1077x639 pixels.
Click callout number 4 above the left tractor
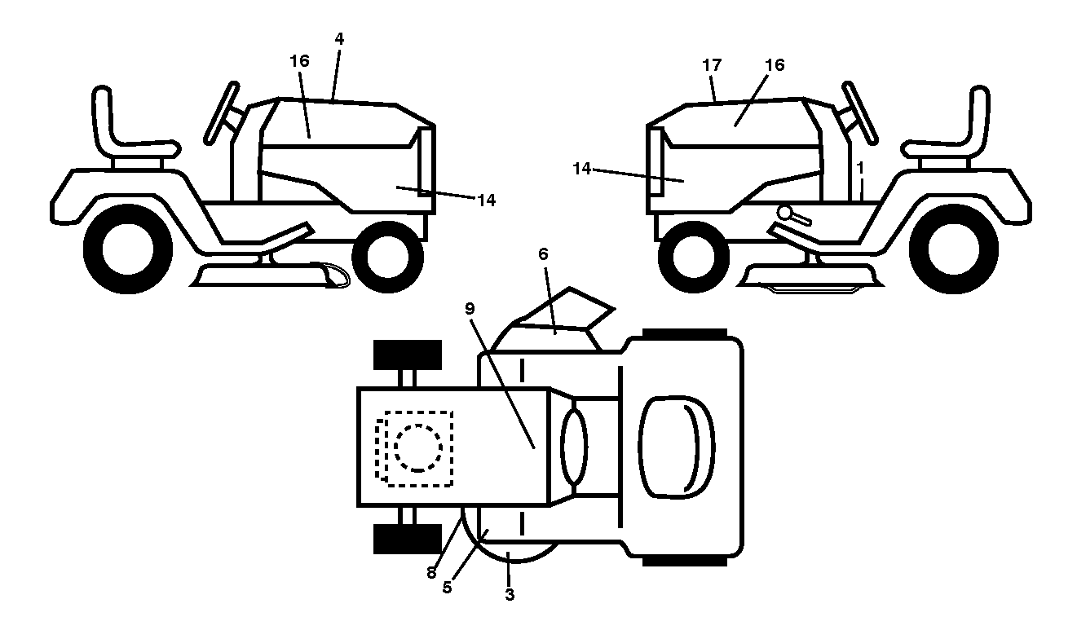[x=339, y=39]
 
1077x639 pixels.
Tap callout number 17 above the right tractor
[x=712, y=65]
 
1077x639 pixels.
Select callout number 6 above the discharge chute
[x=543, y=253]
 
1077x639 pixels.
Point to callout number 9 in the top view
[x=470, y=309]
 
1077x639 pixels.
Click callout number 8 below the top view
[x=431, y=572]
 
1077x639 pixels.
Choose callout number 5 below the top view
[x=447, y=587]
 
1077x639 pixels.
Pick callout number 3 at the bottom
[x=510, y=595]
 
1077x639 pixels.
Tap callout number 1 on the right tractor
[x=861, y=168]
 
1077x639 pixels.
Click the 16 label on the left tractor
[x=299, y=61]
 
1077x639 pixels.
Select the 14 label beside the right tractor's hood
[x=582, y=169]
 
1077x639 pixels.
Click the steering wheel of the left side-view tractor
[x=222, y=113]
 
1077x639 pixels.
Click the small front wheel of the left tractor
[x=387, y=257]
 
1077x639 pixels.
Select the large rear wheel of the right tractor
[x=953, y=249]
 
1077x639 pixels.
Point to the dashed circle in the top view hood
[x=417, y=448]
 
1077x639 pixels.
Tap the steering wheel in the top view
[x=574, y=446]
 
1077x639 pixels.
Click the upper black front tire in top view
[x=408, y=355]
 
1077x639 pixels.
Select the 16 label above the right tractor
[x=775, y=65]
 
